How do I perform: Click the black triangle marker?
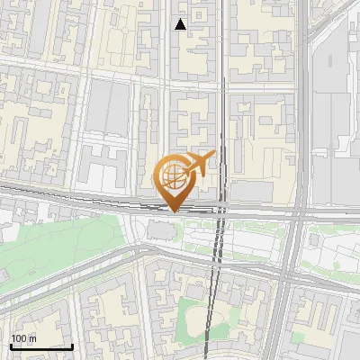coord(181,24)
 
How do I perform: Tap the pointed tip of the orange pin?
coord(172,211)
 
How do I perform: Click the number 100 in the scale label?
coord(19,338)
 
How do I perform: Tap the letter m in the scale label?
coord(31,338)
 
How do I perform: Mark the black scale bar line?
coord(40,346)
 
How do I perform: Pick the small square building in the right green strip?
coord(314,242)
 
